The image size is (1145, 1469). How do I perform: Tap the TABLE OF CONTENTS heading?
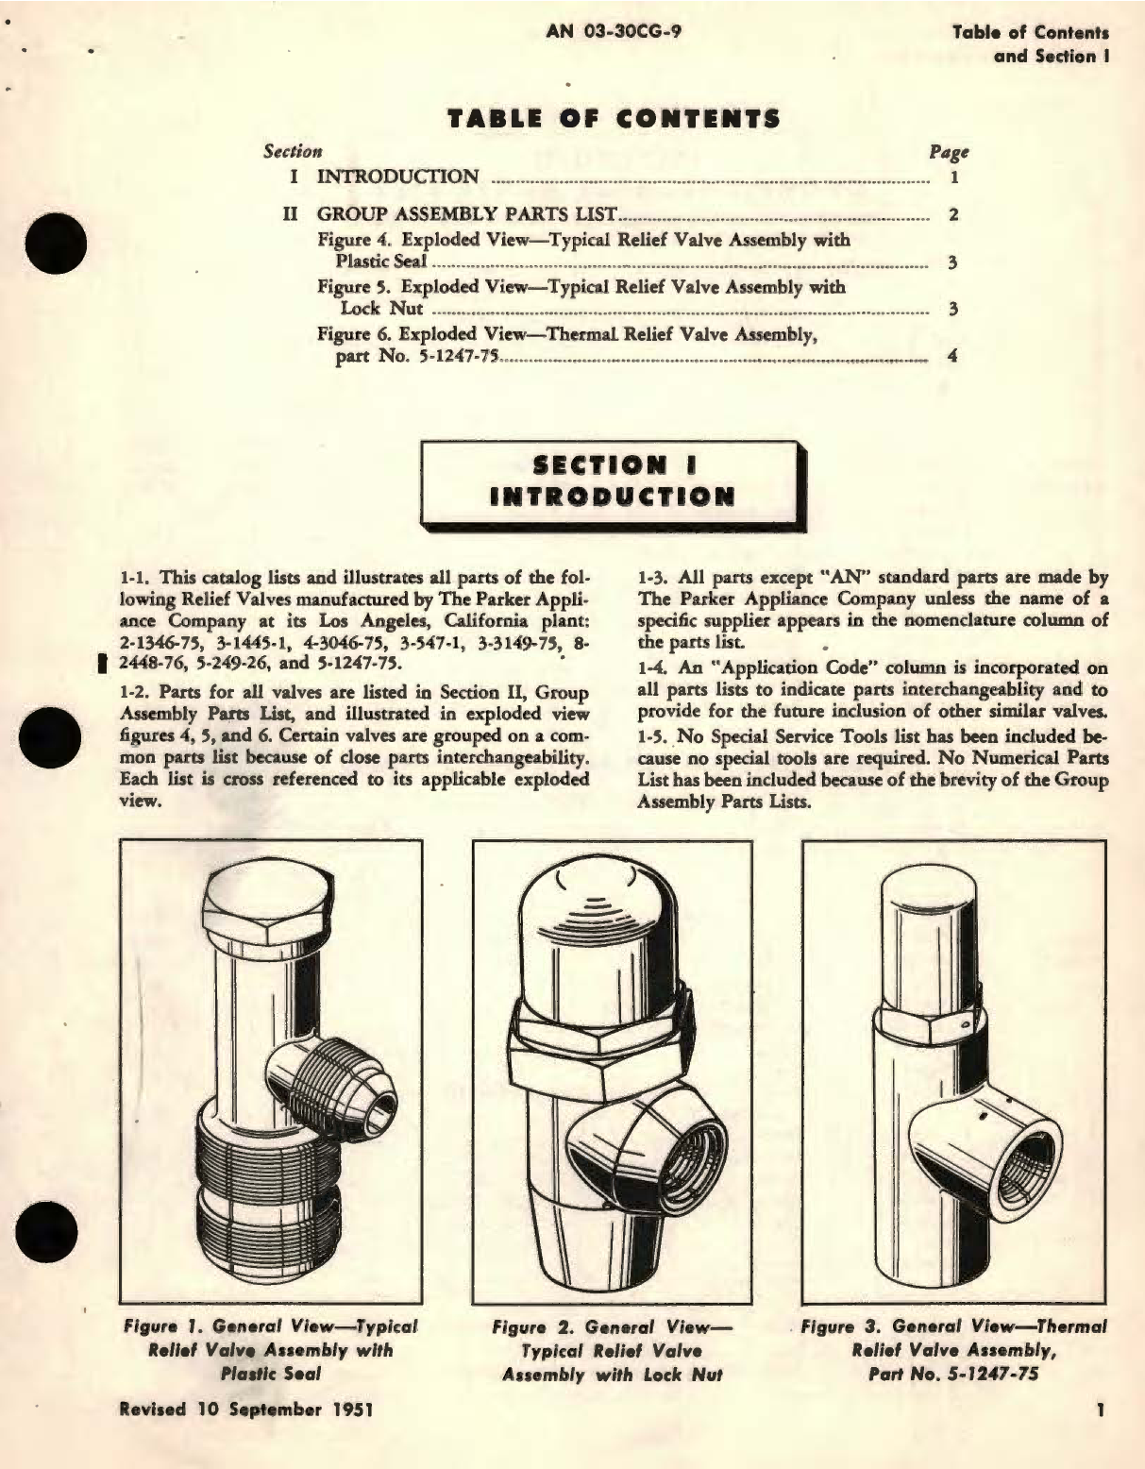pyautogui.click(x=614, y=119)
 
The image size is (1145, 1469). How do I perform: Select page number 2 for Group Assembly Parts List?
pyautogui.click(x=953, y=215)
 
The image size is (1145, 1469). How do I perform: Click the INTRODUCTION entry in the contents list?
pyautogui.click(x=397, y=177)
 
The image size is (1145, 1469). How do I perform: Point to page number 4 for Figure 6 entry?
pyautogui.click(x=953, y=357)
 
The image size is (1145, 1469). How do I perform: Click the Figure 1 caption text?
pyautogui.click(x=270, y=1349)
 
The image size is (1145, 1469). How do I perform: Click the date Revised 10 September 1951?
pyautogui.click(x=244, y=1409)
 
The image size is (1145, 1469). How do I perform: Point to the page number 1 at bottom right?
pyautogui.click(x=1100, y=1410)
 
